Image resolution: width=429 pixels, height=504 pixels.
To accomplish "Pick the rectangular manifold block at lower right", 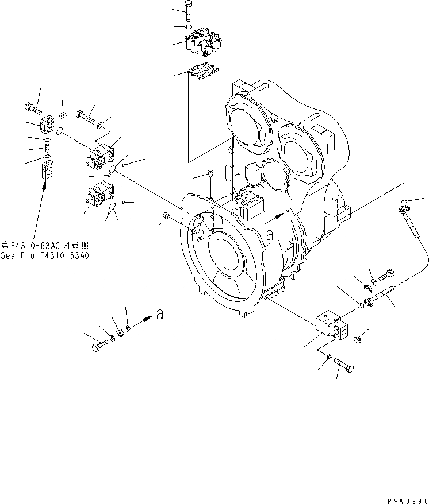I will click(x=332, y=328).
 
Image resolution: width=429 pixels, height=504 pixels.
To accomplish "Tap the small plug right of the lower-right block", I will click(x=358, y=340).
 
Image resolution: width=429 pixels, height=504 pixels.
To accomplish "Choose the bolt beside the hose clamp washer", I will click(x=386, y=269).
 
